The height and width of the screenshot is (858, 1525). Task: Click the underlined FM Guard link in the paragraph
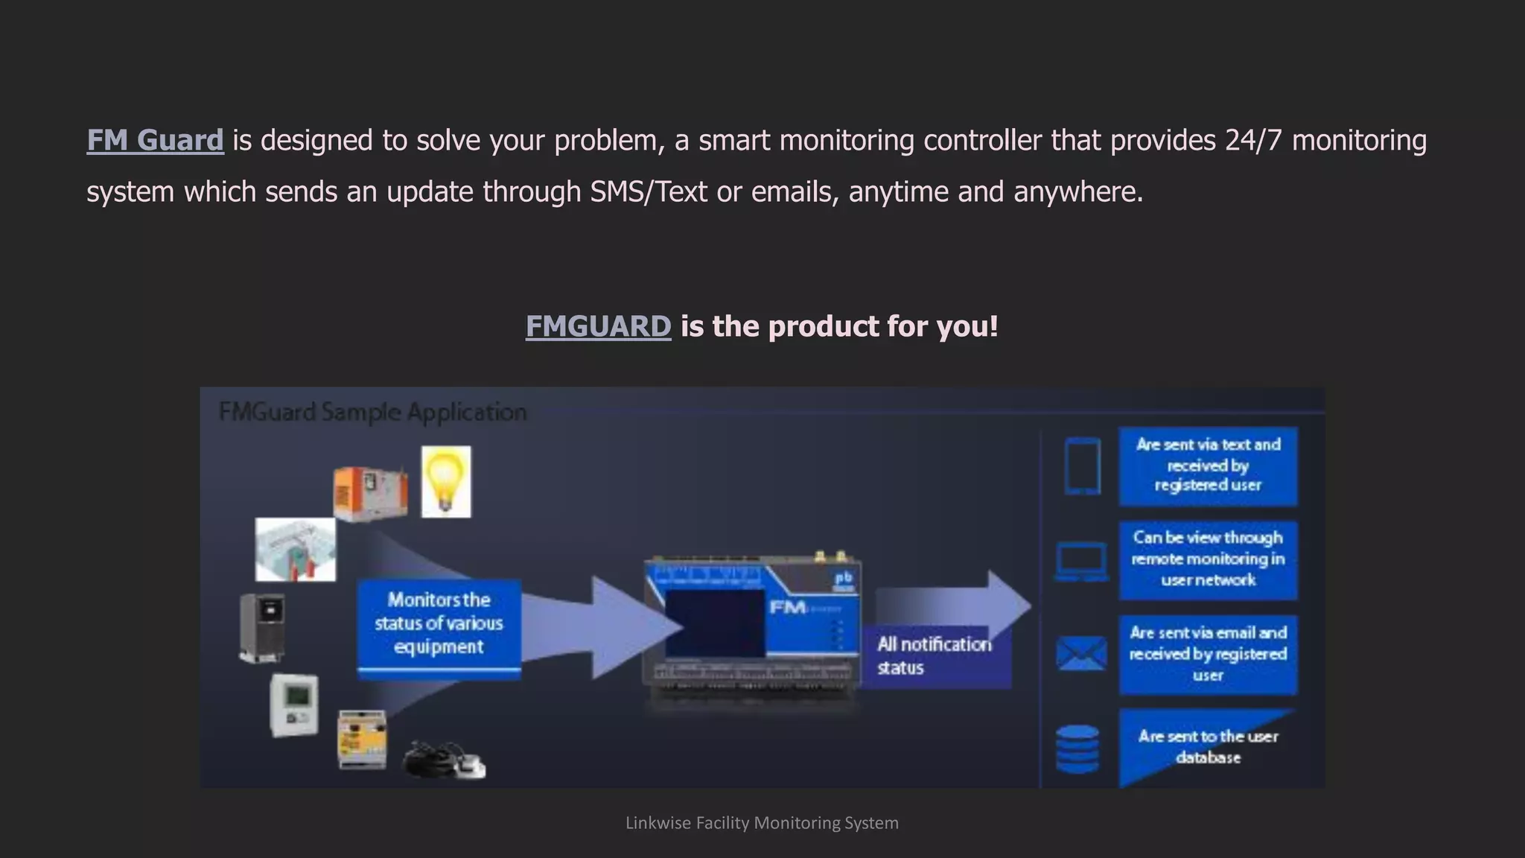[155, 140]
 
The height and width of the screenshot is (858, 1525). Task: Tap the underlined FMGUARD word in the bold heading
[598, 326]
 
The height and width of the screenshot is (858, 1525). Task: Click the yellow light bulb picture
[446, 481]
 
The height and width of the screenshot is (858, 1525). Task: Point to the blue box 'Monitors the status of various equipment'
[439, 624]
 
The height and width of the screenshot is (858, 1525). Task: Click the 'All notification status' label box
[935, 655]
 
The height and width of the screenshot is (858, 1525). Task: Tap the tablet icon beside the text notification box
[1082, 466]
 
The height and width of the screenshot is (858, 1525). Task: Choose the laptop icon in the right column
[1081, 562]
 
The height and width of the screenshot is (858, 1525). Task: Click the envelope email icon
[1081, 654]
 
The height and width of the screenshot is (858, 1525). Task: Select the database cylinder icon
[1077, 748]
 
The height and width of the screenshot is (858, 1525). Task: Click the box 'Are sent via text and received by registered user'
[1208, 465]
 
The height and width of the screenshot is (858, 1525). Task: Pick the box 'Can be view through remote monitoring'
[1208, 559]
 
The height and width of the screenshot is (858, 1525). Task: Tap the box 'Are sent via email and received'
[1208, 654]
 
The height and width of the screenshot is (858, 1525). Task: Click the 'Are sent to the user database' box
[1208, 747]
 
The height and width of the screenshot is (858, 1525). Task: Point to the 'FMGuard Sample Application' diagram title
[372, 412]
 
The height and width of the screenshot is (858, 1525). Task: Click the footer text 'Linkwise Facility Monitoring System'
[762, 823]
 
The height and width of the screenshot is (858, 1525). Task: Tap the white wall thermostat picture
[294, 705]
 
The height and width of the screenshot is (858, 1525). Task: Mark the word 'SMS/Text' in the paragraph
[648, 192]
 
